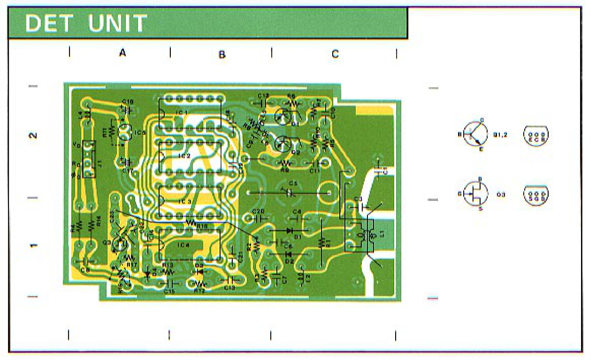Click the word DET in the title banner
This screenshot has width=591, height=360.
pyautogui.click(x=49, y=23)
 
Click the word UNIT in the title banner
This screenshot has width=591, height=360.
pyautogui.click(x=117, y=23)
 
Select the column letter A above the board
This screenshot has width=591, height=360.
pyautogui.click(x=122, y=53)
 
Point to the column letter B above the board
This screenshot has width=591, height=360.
pyautogui.click(x=222, y=54)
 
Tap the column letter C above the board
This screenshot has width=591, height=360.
pyautogui.click(x=335, y=54)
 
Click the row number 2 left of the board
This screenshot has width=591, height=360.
pyautogui.click(x=33, y=135)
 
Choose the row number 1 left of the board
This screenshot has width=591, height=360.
pyautogui.click(x=33, y=246)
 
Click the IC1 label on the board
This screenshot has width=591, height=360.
pyautogui.click(x=182, y=113)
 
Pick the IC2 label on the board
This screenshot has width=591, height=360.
pyautogui.click(x=184, y=156)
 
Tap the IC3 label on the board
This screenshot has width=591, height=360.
pyautogui.click(x=185, y=201)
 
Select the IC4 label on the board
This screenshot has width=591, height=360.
pyautogui.click(x=183, y=245)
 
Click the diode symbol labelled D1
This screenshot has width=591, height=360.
pyautogui.click(x=289, y=230)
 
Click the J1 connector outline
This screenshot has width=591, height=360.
pyautogui.click(x=89, y=159)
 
